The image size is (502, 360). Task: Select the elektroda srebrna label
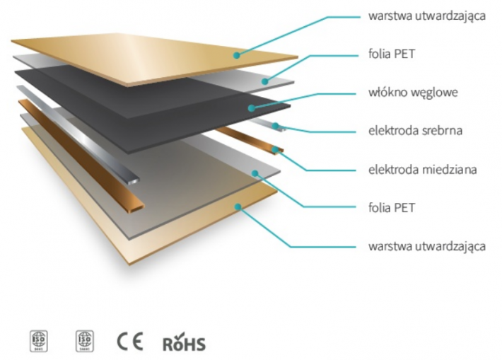(413, 130)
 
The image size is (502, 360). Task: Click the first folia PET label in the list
(392, 53)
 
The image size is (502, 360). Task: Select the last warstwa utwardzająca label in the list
(426, 247)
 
